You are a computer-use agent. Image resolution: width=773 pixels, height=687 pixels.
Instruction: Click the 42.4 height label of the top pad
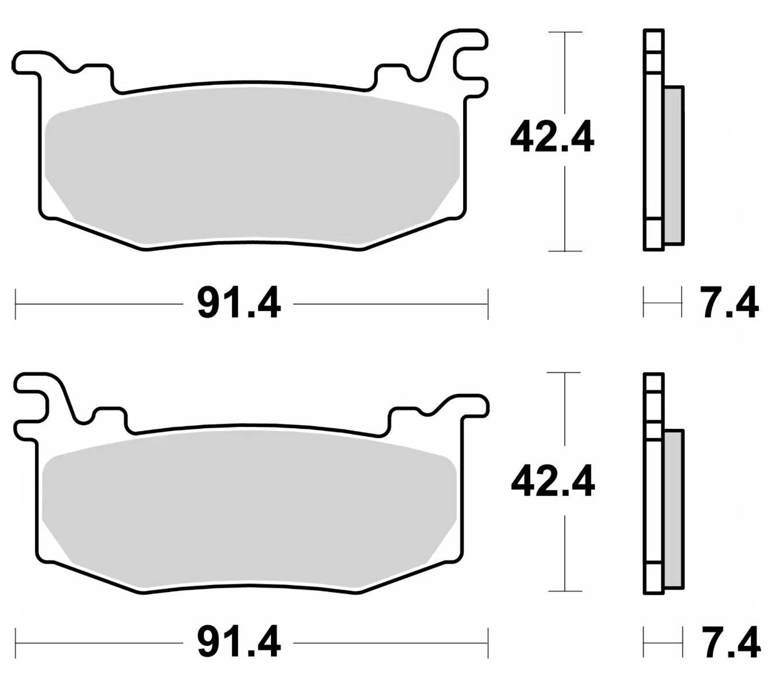point(552,137)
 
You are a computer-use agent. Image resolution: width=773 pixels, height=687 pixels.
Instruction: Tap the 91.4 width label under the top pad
point(239,303)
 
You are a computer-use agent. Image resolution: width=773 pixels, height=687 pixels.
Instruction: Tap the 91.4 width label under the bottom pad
point(239,643)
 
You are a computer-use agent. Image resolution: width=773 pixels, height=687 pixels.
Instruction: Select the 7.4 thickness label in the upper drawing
point(729,303)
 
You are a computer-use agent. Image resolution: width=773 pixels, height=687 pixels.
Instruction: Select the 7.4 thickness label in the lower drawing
point(730,643)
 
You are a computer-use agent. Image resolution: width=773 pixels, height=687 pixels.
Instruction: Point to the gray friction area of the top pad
point(252,166)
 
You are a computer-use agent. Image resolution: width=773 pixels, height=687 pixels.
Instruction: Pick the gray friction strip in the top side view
point(674,166)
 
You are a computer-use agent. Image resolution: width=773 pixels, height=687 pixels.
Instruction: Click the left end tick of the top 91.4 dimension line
point(15,304)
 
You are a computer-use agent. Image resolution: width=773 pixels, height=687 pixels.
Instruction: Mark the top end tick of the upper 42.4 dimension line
point(565,32)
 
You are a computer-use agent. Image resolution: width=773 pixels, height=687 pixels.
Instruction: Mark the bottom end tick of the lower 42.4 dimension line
point(565,591)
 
